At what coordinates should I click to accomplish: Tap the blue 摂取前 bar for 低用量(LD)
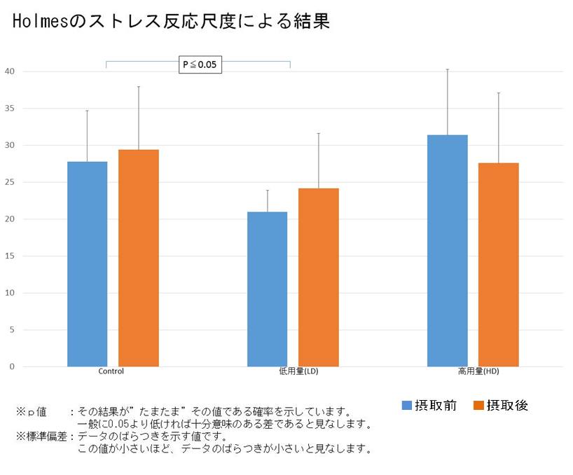[267, 289]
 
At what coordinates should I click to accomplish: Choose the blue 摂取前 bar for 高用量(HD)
[448, 250]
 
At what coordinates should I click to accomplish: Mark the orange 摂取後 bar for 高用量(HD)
[498, 264]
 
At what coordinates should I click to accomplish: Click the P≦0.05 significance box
[200, 65]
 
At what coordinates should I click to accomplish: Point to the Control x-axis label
[111, 371]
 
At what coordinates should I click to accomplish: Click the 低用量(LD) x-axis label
[298, 371]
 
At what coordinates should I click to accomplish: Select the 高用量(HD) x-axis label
[478, 371]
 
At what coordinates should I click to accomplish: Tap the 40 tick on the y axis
[9, 71]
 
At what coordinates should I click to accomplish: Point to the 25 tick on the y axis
[9, 182]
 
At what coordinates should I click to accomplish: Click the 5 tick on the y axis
[11, 330]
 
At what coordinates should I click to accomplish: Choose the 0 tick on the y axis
[11, 366]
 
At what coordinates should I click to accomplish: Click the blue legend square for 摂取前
[406, 405]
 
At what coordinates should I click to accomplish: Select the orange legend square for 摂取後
[478, 405]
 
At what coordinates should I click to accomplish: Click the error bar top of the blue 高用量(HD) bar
[448, 69]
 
